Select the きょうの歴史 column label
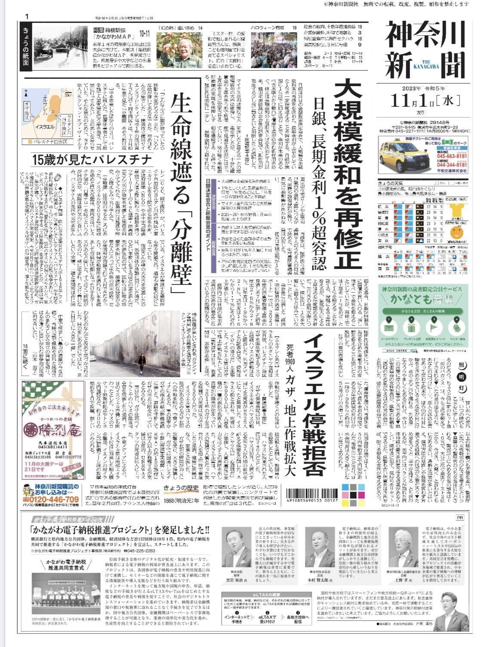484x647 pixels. click(182, 487)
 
